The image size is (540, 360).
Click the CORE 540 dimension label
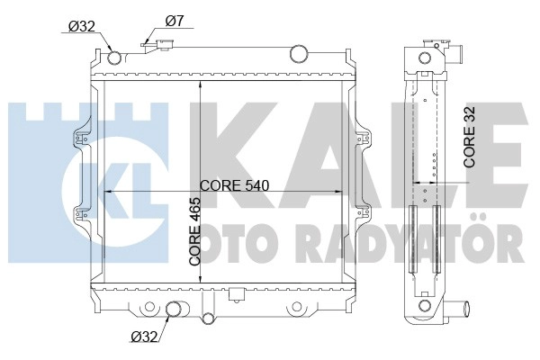(x=234, y=186)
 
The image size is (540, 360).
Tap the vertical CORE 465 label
(x=195, y=231)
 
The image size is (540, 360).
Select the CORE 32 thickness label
(x=470, y=137)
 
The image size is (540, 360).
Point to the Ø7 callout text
(x=175, y=22)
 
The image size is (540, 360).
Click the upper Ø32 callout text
(x=82, y=26)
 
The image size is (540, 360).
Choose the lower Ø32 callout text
(x=144, y=336)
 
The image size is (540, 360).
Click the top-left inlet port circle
(x=114, y=58)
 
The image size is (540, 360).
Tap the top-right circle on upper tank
(x=299, y=54)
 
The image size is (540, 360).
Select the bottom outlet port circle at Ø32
(x=174, y=309)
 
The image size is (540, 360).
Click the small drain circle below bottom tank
(x=207, y=318)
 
